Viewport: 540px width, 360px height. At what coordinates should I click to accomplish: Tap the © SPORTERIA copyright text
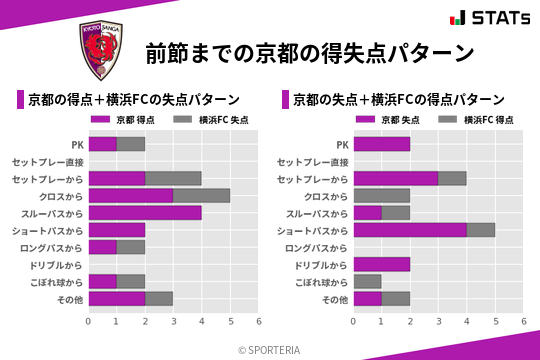click(x=270, y=349)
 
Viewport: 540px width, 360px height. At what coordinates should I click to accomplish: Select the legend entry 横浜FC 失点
click(x=210, y=119)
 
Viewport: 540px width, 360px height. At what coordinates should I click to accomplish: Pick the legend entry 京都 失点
click(x=391, y=119)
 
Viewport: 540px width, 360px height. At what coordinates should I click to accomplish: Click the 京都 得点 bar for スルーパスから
click(x=145, y=213)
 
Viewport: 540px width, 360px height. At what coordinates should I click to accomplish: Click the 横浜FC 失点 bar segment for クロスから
click(x=201, y=196)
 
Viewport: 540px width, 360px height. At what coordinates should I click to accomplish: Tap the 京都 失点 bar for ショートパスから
click(x=410, y=230)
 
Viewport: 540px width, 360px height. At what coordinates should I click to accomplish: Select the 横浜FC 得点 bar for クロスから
click(x=382, y=196)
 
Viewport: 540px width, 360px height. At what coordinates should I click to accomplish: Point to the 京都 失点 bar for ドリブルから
click(x=382, y=264)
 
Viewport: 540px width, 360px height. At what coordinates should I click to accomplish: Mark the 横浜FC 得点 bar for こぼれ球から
click(x=367, y=281)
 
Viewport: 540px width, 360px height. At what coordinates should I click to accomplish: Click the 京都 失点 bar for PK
click(x=382, y=144)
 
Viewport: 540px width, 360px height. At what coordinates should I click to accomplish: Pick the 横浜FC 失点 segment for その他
click(x=159, y=298)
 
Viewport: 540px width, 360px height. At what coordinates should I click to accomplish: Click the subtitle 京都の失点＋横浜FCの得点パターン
click(x=398, y=100)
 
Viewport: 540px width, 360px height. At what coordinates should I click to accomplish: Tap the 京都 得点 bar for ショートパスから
click(x=117, y=230)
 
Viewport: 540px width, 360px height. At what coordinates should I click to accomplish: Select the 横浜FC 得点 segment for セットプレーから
click(x=452, y=178)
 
